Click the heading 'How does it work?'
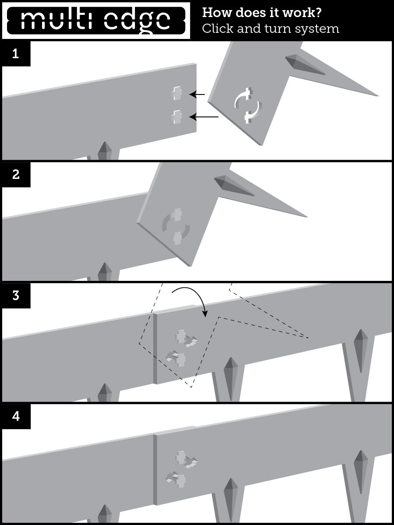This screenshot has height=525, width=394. tap(262, 13)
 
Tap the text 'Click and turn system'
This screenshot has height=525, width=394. tap(270, 29)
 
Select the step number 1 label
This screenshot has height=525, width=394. tap(16, 54)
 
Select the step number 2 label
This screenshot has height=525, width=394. tap(16, 175)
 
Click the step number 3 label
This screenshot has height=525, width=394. tap(16, 295)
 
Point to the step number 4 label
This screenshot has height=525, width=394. tap(16, 416)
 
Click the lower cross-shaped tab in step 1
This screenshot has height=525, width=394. tap(176, 117)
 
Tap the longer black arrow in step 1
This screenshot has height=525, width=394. tap(205, 117)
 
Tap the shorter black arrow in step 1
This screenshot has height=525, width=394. tap(198, 94)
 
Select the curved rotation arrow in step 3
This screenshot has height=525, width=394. tap(193, 297)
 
